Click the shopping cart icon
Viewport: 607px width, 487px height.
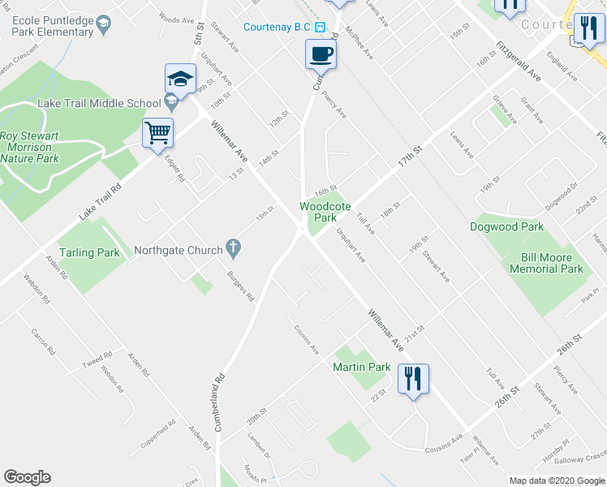tap(157, 132)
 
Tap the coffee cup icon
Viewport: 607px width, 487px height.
tap(320, 54)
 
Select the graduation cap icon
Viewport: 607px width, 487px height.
tap(180, 78)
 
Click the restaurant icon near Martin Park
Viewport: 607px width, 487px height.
tap(414, 378)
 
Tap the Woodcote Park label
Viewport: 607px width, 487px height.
tap(325, 212)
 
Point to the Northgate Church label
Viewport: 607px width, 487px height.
tap(178, 250)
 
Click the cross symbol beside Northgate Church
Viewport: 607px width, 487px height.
tap(233, 246)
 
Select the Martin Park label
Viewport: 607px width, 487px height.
tap(362, 368)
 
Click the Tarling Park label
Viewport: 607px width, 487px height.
tap(89, 252)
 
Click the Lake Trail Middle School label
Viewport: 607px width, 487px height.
tap(99, 103)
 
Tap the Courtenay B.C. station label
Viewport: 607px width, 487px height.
tap(278, 27)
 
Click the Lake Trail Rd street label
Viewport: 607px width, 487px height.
tap(101, 203)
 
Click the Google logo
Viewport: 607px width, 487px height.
tap(28, 477)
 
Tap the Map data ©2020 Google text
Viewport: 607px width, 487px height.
tap(556, 481)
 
